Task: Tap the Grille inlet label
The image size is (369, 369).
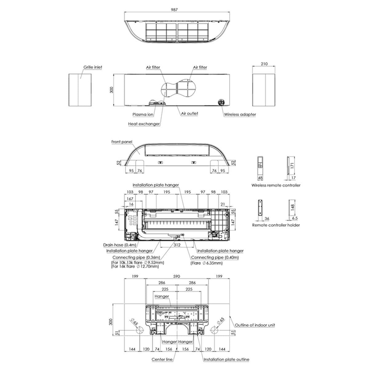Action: coord(93,67)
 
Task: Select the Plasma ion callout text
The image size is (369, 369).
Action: coord(143,114)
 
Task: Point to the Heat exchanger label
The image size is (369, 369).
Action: coord(144,124)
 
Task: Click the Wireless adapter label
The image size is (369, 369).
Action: coord(240,114)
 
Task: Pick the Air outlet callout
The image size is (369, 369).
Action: coord(189,113)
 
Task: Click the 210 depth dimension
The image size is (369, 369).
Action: coord(264,64)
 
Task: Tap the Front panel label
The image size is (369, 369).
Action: coord(122,142)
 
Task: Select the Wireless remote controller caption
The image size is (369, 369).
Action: coord(276,185)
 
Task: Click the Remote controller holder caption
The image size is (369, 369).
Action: coord(276,225)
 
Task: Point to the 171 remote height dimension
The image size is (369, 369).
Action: coord(292,165)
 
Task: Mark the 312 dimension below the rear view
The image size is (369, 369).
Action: coord(177,245)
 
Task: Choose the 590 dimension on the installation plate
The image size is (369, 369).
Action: coord(177,276)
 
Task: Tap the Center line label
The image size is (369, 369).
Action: coord(162,359)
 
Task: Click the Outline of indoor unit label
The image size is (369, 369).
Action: coord(255,325)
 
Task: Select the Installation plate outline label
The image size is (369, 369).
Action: coord(226,359)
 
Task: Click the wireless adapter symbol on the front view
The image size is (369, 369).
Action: coord(221,102)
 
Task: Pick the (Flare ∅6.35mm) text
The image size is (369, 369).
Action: coord(206,263)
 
